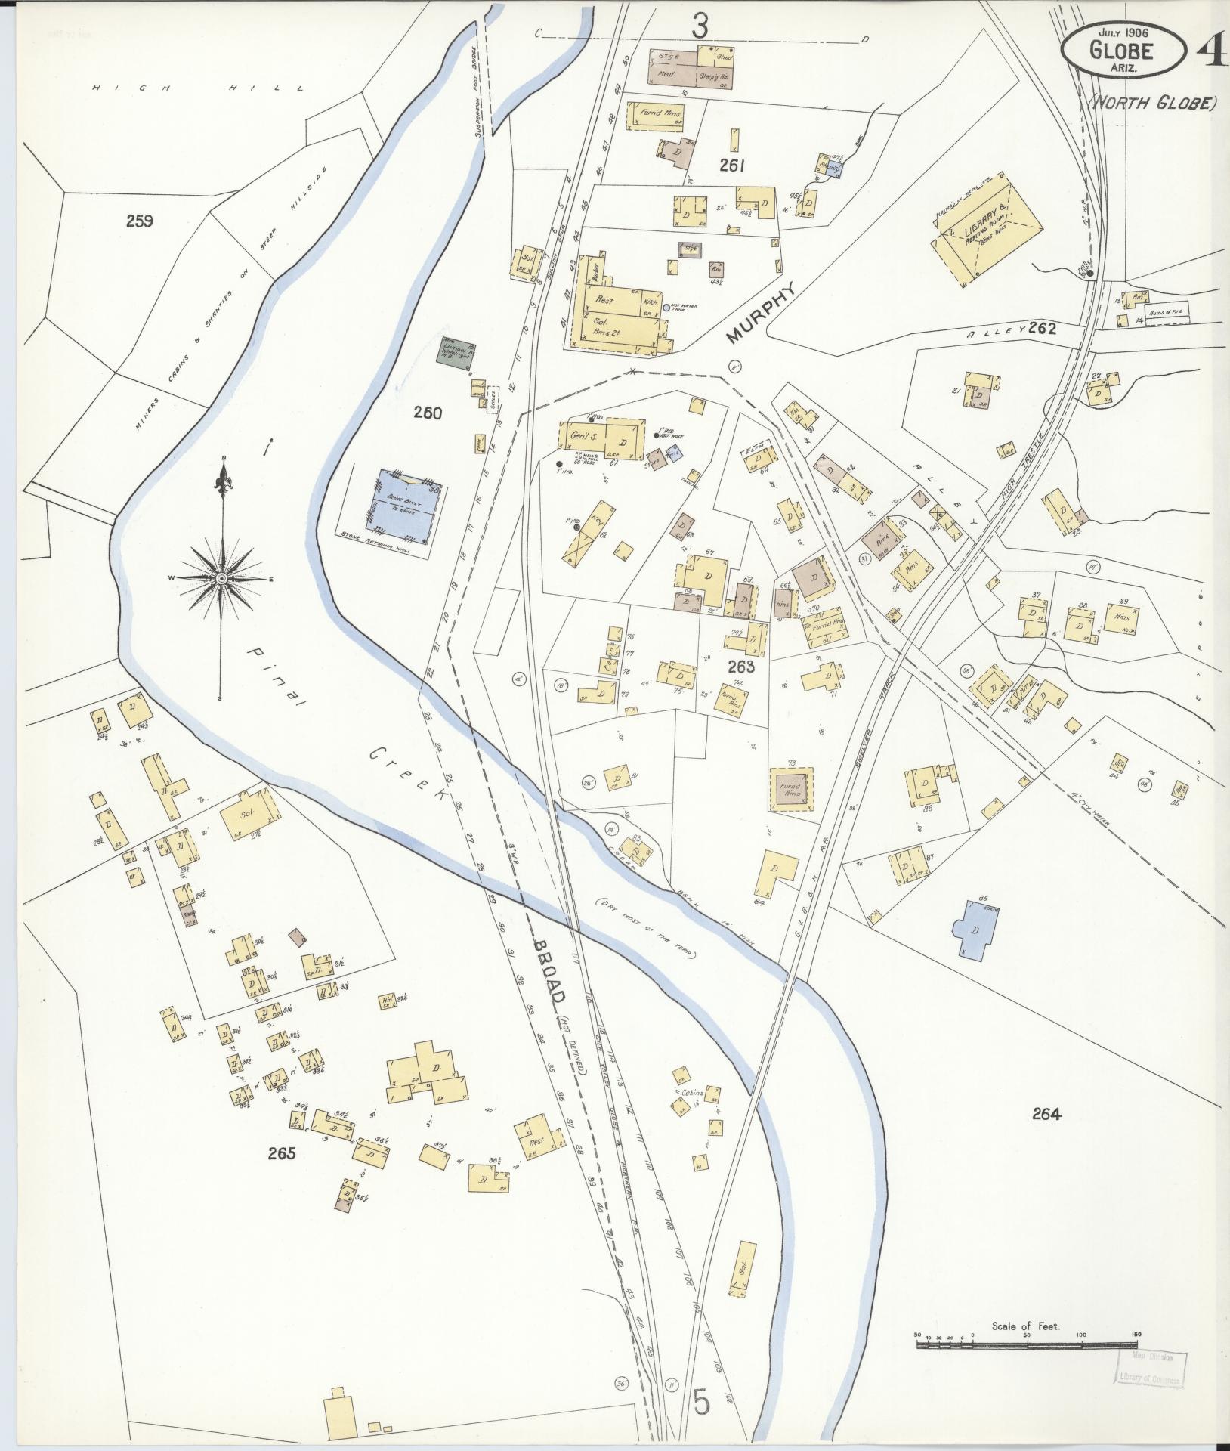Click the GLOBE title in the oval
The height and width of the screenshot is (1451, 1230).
[1121, 51]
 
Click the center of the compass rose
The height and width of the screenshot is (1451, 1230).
[221, 578]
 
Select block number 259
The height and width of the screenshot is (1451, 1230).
[140, 221]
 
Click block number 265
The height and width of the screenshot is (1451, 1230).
[280, 1174]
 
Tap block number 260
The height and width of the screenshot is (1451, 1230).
[427, 413]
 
